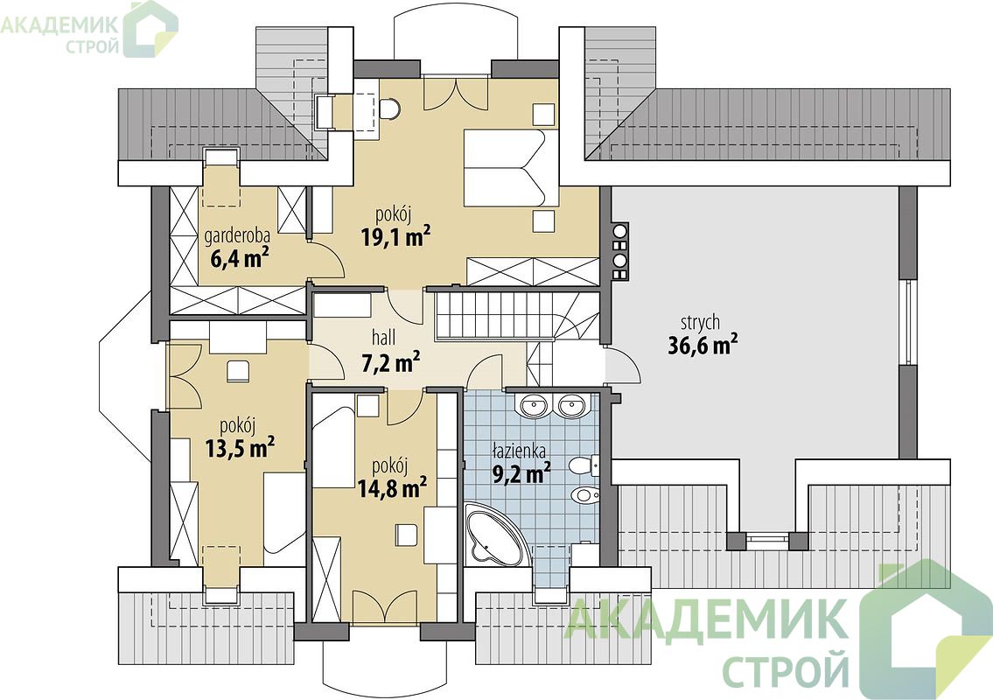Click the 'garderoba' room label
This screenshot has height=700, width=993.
[237, 236]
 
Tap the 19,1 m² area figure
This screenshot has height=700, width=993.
[395, 236]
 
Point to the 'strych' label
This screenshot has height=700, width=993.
[701, 323]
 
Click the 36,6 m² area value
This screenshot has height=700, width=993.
[703, 346]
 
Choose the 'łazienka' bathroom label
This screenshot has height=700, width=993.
[520, 451]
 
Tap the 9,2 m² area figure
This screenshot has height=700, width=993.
[521, 473]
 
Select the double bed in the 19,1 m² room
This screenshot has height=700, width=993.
[511, 168]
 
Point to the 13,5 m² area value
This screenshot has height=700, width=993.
[240, 448]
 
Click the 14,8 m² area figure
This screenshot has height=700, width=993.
[392, 488]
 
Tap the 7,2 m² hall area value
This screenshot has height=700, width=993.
[391, 363]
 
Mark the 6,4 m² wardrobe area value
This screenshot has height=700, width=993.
[237, 258]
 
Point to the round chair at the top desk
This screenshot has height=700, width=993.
[391, 108]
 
